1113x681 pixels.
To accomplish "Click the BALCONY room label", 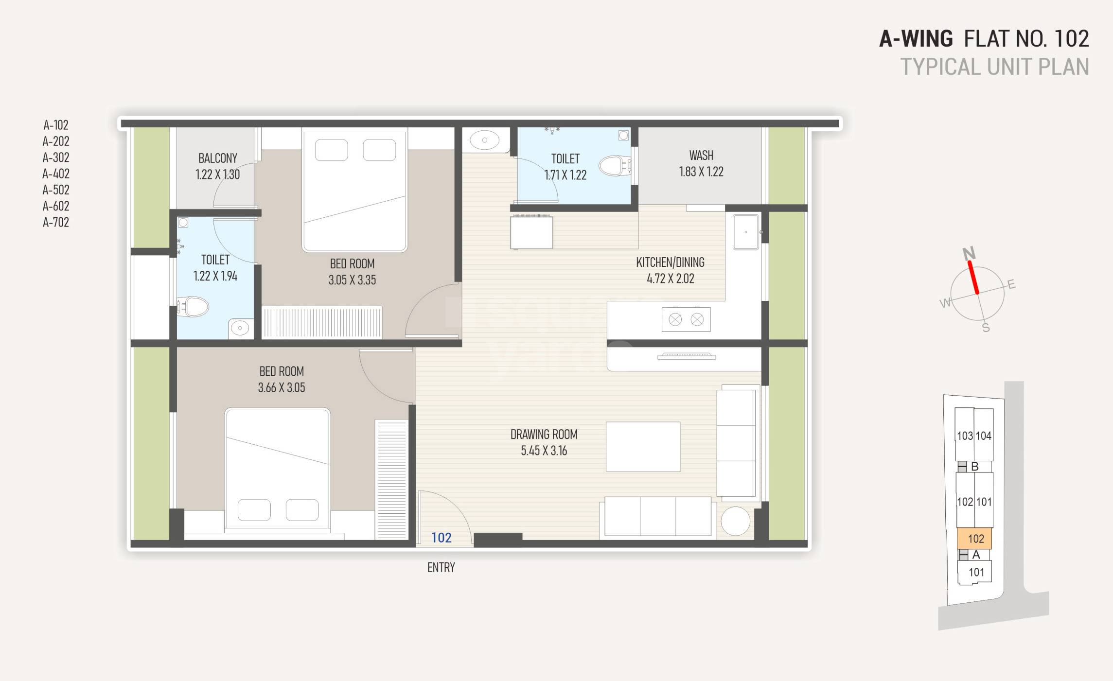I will (217, 158).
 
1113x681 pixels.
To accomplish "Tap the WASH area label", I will (701, 156).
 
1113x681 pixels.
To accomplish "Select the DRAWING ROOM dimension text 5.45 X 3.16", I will (544, 451).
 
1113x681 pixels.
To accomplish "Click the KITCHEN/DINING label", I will (670, 262).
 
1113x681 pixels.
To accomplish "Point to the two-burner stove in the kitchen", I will (686, 319).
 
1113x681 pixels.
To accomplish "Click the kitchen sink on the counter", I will (745, 232).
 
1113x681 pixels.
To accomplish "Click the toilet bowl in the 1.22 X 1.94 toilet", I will (194, 307).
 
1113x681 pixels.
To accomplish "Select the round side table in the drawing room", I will (735, 521).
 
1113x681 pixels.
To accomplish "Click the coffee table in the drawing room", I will (642, 447).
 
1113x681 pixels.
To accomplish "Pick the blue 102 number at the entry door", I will (441, 538).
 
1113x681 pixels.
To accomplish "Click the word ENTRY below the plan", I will (441, 567).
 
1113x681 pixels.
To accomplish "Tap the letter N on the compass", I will (969, 253).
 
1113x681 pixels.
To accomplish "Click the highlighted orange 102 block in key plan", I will (975, 539).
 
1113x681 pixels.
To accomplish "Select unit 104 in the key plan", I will (983, 436).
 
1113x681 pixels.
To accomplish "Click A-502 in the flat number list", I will (56, 190).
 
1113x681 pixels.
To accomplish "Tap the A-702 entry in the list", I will (56, 223).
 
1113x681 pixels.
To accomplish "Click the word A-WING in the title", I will (916, 38).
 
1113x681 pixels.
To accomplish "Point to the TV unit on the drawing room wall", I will (686, 357).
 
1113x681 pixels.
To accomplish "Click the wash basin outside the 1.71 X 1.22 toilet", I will (484, 140).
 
